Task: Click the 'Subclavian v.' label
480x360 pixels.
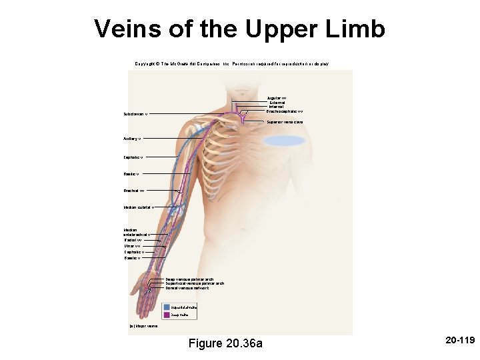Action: [136, 114]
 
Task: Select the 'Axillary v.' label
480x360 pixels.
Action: [132, 139]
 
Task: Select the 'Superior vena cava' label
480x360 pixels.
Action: [285, 122]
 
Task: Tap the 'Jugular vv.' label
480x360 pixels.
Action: [277, 97]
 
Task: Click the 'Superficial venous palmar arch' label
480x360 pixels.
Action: [195, 283]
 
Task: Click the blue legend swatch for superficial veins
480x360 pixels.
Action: [167, 306]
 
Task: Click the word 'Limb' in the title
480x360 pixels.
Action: [359, 29]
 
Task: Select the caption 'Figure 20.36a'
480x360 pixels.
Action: [226, 343]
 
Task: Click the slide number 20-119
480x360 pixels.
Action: [458, 341]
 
